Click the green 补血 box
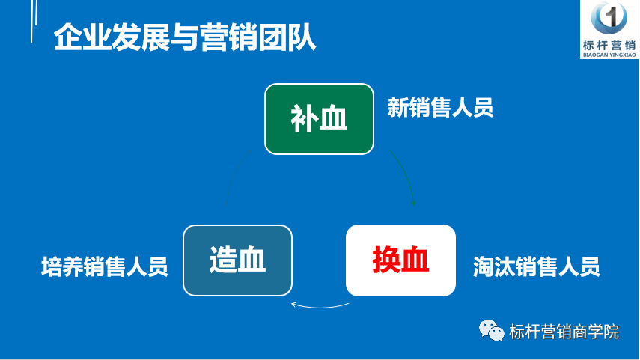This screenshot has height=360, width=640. click(x=319, y=119)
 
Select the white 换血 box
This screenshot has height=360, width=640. click(x=400, y=260)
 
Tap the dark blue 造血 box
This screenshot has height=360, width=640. click(x=237, y=260)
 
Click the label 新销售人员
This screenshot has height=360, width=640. click(x=440, y=107)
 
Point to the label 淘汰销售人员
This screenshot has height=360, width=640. click(x=536, y=266)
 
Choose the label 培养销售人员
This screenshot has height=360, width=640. click(x=105, y=266)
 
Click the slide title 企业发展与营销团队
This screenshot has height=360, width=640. click(x=185, y=37)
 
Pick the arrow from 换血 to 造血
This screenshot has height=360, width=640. click(x=320, y=307)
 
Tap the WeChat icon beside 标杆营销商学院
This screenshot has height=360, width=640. click(x=492, y=330)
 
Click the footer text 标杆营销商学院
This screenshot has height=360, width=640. click(x=564, y=332)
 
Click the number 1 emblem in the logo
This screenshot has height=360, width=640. click(x=609, y=18)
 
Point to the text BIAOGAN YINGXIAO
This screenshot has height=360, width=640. click(x=609, y=55)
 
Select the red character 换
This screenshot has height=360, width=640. click(x=386, y=260)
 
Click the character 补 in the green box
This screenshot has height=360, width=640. click(x=305, y=118)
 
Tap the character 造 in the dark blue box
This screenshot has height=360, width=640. click(x=223, y=260)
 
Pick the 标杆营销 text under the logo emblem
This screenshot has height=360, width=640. click(x=609, y=46)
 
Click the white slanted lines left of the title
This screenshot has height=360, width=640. click(x=34, y=20)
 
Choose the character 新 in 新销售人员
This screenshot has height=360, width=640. click(x=398, y=107)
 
